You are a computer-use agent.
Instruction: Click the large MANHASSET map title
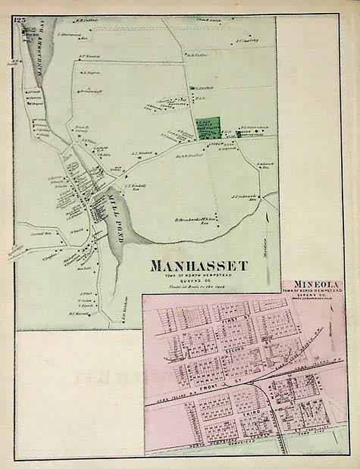click(199, 266)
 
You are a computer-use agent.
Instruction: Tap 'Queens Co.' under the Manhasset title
click(199, 283)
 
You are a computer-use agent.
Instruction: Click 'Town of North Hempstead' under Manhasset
click(199, 277)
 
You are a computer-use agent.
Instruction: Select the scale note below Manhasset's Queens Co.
click(199, 290)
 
